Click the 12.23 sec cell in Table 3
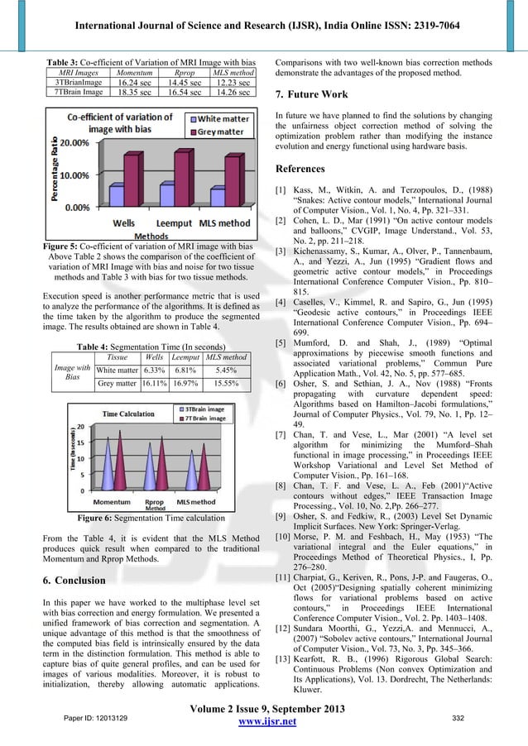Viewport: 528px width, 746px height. click(232, 84)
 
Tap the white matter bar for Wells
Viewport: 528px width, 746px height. click(117, 196)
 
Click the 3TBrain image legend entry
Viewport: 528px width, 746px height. click(203, 409)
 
